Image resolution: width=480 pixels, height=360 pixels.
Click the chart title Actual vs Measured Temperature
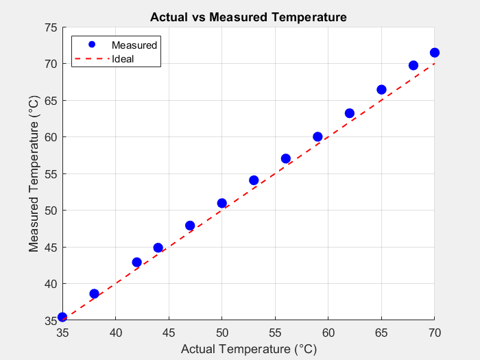click(x=248, y=16)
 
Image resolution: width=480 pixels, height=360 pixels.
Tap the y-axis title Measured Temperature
click(x=34, y=173)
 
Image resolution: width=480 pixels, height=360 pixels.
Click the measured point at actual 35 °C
click(x=62, y=317)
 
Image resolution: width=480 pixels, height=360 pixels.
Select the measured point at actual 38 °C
click(x=94, y=293)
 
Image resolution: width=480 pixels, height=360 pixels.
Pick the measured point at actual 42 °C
click(x=136, y=262)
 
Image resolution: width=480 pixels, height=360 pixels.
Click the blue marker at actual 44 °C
click(x=158, y=248)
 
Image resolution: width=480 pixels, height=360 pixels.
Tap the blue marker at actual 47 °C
click(x=190, y=226)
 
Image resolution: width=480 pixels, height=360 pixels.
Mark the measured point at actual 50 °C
click(x=221, y=203)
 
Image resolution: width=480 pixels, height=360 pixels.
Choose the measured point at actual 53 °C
click(x=254, y=180)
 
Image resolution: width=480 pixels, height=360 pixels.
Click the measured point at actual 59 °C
click(x=317, y=136)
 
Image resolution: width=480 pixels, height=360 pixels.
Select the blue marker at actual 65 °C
click(x=381, y=90)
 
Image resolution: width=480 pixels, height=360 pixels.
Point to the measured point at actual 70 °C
click(x=434, y=53)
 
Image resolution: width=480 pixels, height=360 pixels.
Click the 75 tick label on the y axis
click(x=50, y=27)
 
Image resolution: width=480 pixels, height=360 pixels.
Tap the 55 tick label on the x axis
click(x=275, y=333)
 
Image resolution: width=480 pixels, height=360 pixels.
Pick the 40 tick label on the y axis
click(x=50, y=284)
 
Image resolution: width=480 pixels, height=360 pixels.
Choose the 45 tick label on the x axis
click(x=169, y=333)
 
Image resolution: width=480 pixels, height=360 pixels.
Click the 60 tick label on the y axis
click(x=50, y=137)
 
